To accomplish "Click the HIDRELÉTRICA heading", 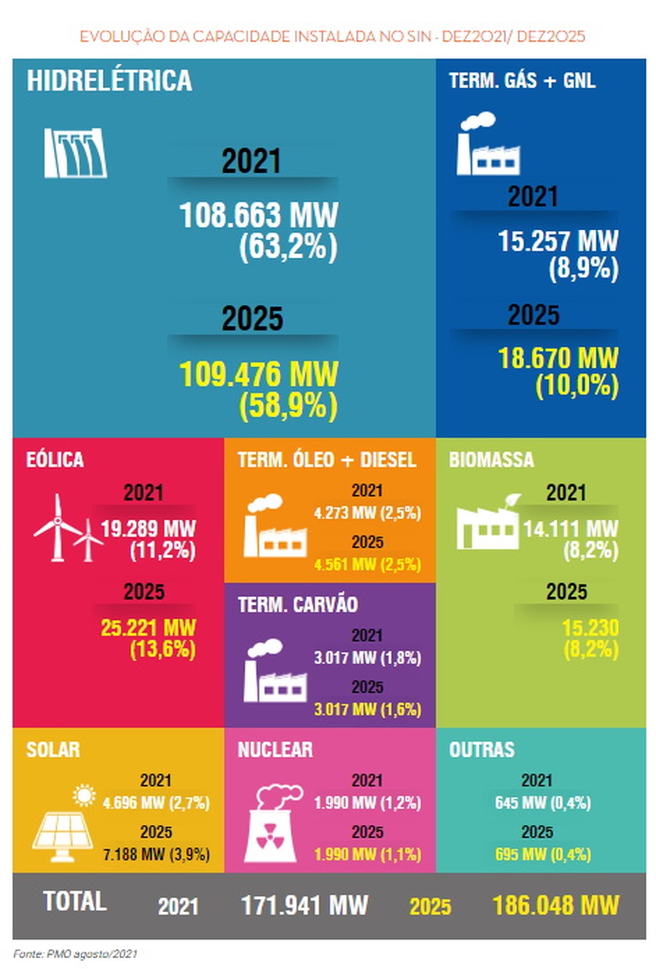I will (x=109, y=81).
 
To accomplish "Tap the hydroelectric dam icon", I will (x=75, y=153).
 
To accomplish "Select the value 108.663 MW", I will (x=259, y=216).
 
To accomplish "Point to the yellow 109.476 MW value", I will (x=259, y=374).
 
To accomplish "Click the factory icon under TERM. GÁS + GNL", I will (x=487, y=144).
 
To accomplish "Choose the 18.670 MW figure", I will (x=558, y=358).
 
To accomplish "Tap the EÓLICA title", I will (x=55, y=460).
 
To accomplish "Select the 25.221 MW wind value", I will (x=148, y=628).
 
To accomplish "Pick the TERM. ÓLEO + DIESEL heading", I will (x=327, y=460).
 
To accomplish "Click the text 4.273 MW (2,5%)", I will (x=367, y=513).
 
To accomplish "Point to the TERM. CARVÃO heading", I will (x=297, y=605).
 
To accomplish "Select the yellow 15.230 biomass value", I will (x=590, y=628).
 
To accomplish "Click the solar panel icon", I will (x=64, y=827).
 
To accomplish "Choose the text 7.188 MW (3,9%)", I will (x=156, y=854).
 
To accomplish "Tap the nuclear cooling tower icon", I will (x=271, y=824).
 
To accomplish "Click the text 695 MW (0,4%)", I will (x=543, y=854).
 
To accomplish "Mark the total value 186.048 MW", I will (x=555, y=906).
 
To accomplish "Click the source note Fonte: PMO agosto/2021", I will (x=75, y=954).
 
